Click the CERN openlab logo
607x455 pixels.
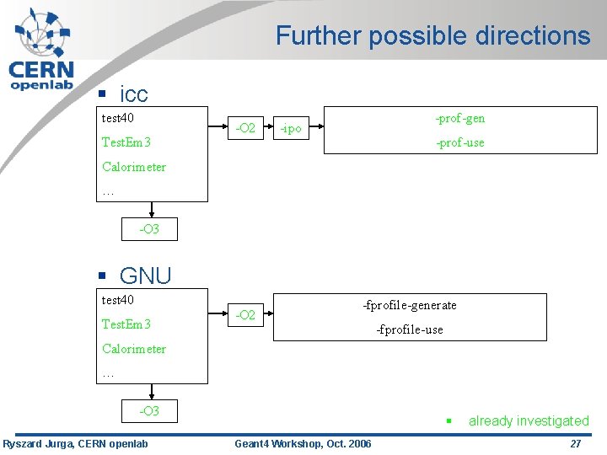pyautogui.click(x=41, y=50)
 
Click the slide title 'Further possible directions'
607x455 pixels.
pyautogui.click(x=432, y=35)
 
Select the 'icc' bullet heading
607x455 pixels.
pyautogui.click(x=133, y=94)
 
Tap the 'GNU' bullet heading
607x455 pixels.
pyautogui.click(x=145, y=276)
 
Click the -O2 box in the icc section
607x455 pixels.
pyautogui.click(x=245, y=128)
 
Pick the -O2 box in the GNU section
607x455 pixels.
pyautogui.click(x=245, y=315)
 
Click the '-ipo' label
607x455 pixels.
pyautogui.click(x=291, y=129)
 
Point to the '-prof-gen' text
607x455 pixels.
pyautogui.click(x=459, y=118)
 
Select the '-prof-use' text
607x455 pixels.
pyautogui.click(x=459, y=142)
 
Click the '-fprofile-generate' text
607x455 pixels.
pyautogui.click(x=409, y=305)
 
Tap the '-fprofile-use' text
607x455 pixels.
pyautogui.click(x=409, y=329)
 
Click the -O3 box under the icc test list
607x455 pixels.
pyautogui.click(x=149, y=229)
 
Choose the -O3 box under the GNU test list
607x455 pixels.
pyautogui.click(x=149, y=411)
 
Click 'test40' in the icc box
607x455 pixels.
pyautogui.click(x=118, y=118)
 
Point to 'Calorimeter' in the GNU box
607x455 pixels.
pyautogui.click(x=134, y=349)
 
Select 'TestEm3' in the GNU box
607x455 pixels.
pyautogui.click(x=126, y=324)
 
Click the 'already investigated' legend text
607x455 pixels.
pyautogui.click(x=529, y=420)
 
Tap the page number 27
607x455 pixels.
pyautogui.click(x=576, y=444)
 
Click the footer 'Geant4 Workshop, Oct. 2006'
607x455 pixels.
pyautogui.click(x=302, y=444)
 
